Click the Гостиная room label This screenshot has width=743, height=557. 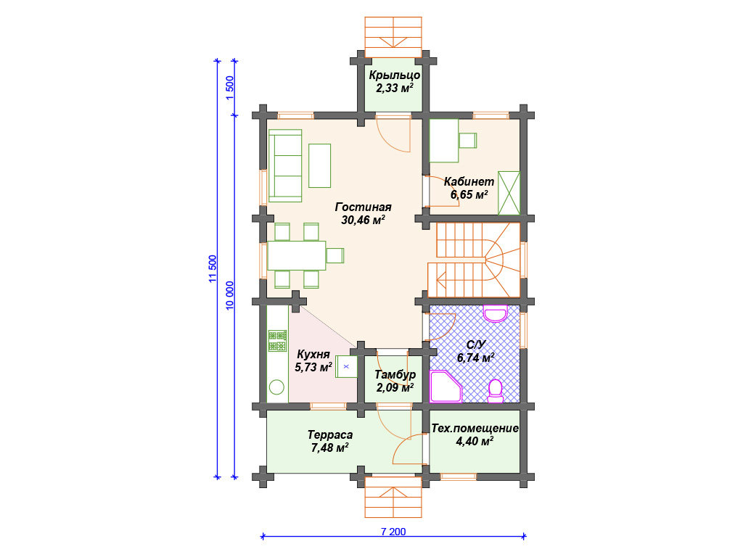(x=363, y=207)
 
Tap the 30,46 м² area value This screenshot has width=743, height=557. (x=363, y=220)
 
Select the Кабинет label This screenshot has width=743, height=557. (x=469, y=181)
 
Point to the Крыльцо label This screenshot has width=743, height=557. (x=394, y=75)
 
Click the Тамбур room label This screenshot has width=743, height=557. (x=395, y=375)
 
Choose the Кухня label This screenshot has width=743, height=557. (x=313, y=354)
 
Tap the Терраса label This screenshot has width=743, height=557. (x=330, y=435)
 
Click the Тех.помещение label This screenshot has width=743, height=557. (x=475, y=429)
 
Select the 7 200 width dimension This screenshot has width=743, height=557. (x=393, y=532)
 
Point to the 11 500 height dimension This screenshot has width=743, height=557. (x=213, y=268)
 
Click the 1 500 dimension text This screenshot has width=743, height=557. (x=230, y=88)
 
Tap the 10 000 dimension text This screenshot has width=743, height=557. (x=230, y=296)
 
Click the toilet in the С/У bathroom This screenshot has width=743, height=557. (x=495, y=391)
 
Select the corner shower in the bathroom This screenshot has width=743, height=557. (x=446, y=387)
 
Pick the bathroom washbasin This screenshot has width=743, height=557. (x=495, y=313)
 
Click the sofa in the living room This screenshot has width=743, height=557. (x=285, y=166)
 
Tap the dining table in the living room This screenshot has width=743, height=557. (x=297, y=256)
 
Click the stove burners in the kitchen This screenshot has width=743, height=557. (x=278, y=341)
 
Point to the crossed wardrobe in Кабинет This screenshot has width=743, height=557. (x=509, y=193)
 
